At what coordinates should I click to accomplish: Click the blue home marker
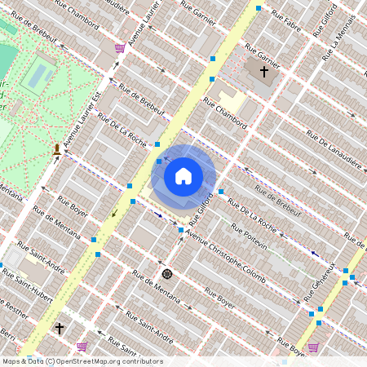click(x=183, y=175)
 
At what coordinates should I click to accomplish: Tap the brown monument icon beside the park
click(x=56, y=149)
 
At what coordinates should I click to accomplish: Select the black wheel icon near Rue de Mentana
click(x=167, y=274)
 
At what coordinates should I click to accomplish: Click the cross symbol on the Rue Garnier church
click(x=263, y=72)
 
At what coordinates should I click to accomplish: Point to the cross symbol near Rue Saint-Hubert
click(x=59, y=329)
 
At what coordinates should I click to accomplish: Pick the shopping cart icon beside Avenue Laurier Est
click(x=120, y=47)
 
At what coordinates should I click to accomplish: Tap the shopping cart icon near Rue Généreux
click(x=313, y=347)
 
